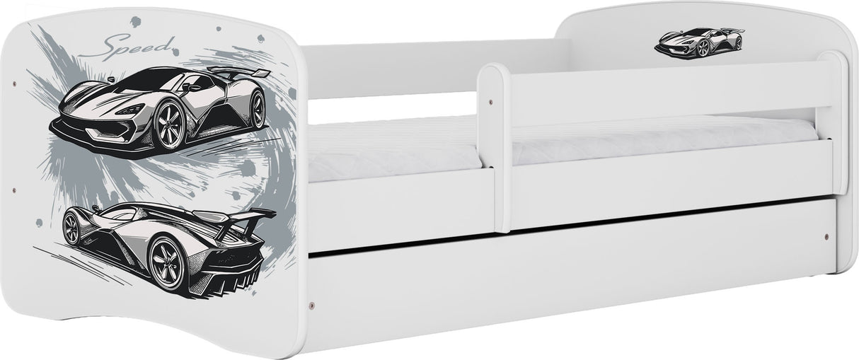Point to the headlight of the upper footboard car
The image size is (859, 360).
point(130,110)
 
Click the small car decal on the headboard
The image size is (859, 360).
point(699,42)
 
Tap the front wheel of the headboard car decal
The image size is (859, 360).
point(703,48)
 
